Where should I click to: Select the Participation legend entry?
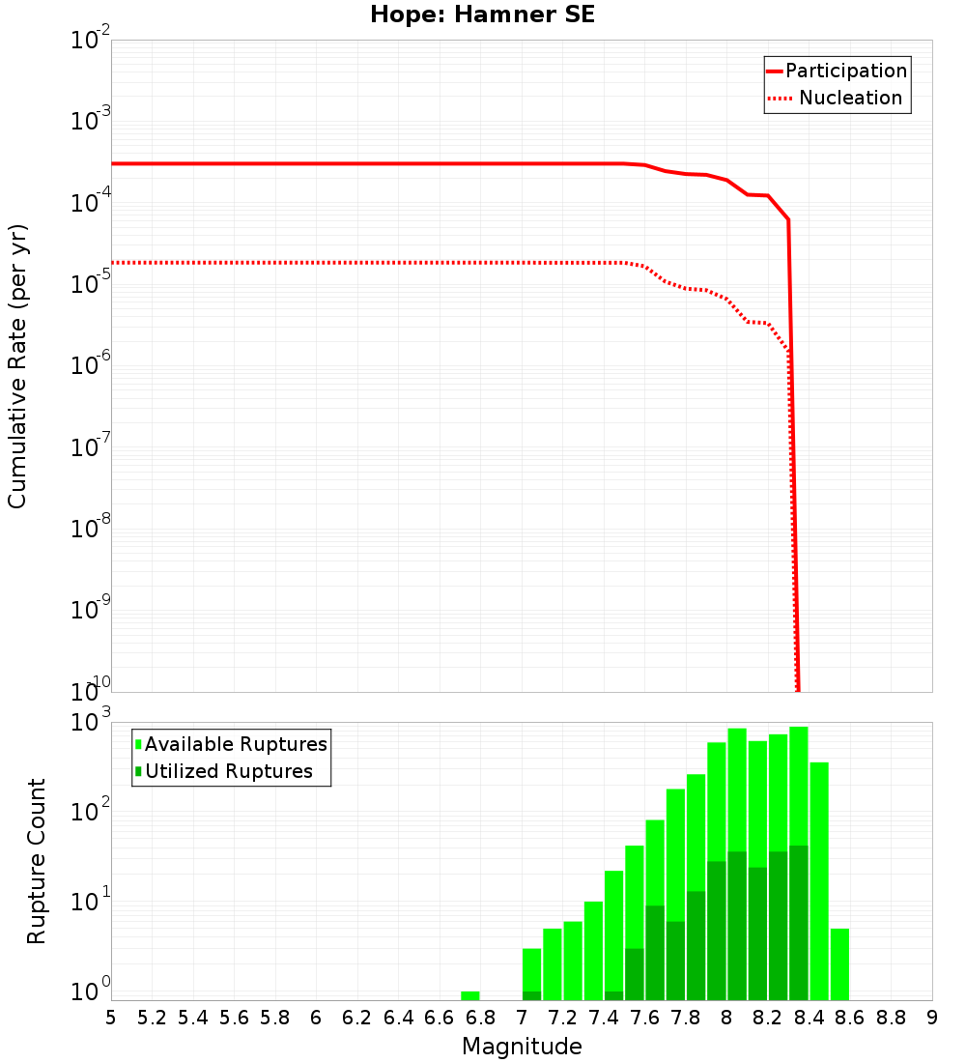click(845, 71)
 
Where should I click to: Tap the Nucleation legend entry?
click(849, 98)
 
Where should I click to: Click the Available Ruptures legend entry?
click(236, 744)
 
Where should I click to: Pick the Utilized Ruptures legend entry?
click(228, 771)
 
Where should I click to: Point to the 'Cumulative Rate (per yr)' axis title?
click(17, 366)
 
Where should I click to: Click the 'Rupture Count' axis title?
click(37, 860)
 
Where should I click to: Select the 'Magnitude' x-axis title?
click(522, 1047)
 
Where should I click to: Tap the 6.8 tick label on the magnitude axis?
click(480, 1018)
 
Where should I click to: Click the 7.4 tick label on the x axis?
click(604, 1018)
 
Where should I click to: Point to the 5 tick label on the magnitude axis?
click(111, 1018)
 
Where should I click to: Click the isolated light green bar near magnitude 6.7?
click(470, 995)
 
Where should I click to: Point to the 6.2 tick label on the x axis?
click(357, 1018)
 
